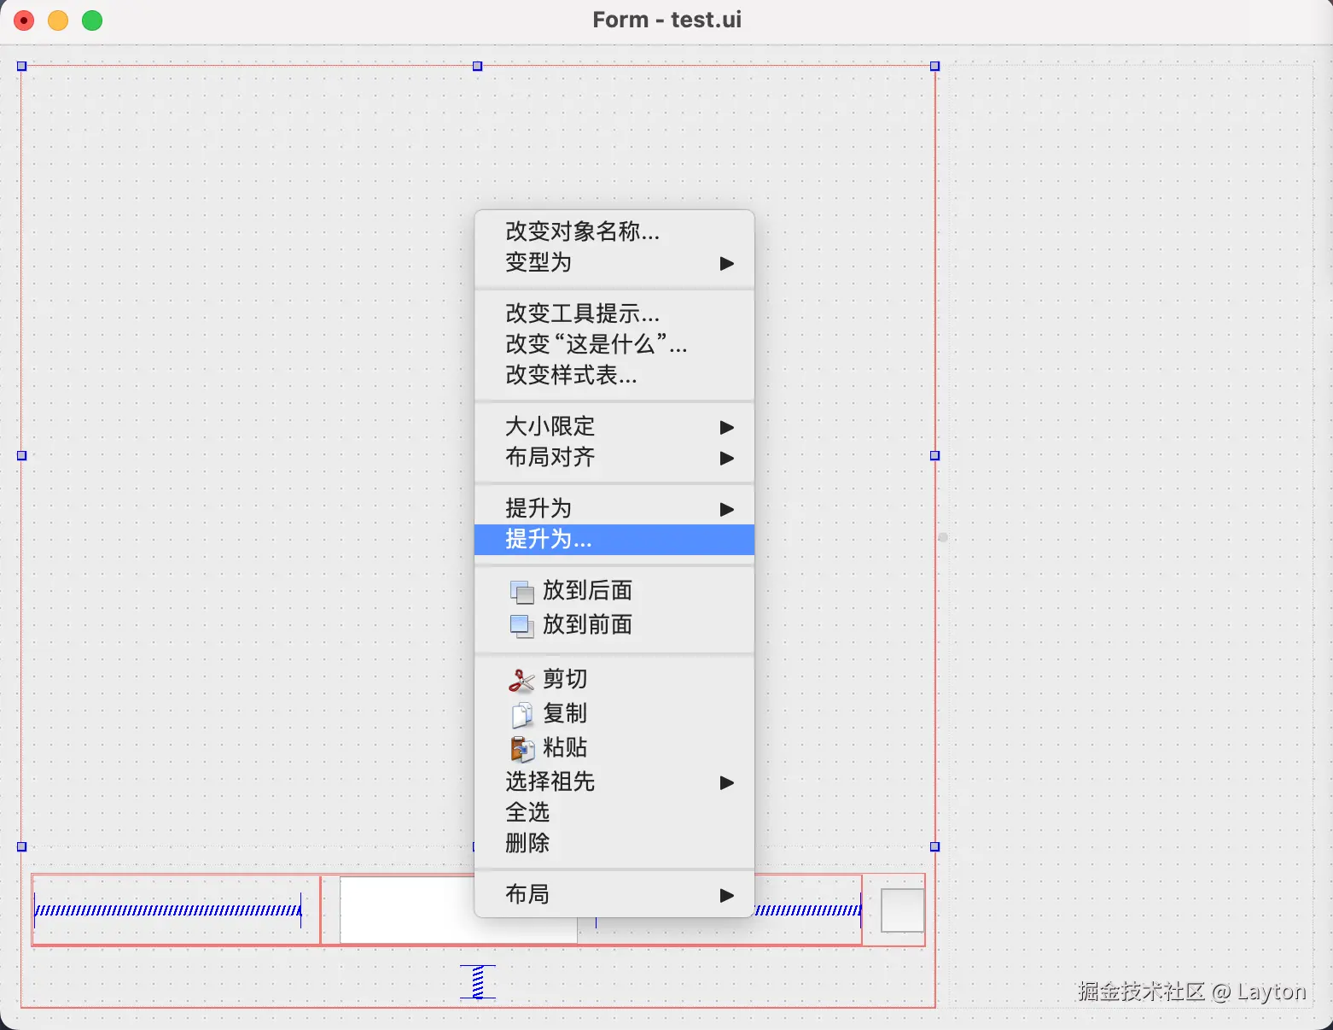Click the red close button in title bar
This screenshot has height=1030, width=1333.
click(x=24, y=20)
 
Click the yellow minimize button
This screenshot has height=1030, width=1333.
click(x=58, y=20)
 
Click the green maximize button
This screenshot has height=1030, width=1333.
click(x=92, y=20)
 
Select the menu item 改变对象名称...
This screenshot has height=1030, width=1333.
click(x=582, y=231)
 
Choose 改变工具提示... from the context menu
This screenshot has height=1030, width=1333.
click(x=582, y=313)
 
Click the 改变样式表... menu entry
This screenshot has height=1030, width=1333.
click(x=571, y=375)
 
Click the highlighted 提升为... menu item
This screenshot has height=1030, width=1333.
click(x=549, y=539)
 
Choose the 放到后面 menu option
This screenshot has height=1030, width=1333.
click(x=587, y=590)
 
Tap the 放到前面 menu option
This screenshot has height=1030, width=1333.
click(x=587, y=624)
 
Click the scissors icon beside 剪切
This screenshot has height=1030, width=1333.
click(x=521, y=680)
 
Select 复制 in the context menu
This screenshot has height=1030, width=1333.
click(x=565, y=713)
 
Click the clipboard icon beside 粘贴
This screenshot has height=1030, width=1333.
click(x=521, y=748)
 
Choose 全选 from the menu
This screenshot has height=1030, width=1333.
click(x=527, y=812)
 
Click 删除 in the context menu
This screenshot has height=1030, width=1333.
click(x=527, y=843)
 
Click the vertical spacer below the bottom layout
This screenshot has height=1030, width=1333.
click(x=478, y=981)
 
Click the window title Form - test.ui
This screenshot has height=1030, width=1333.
click(x=666, y=20)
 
